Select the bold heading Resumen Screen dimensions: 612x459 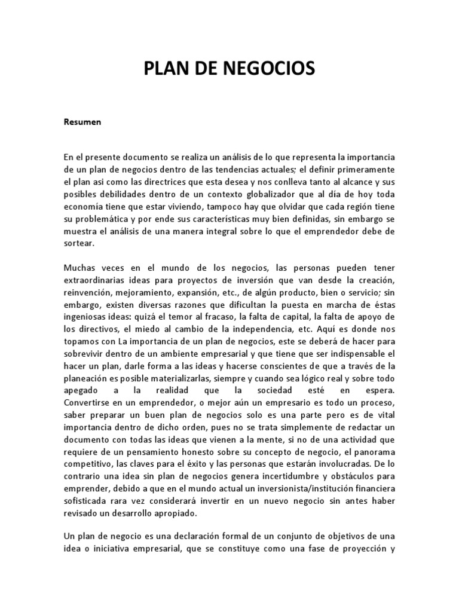click(83, 123)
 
